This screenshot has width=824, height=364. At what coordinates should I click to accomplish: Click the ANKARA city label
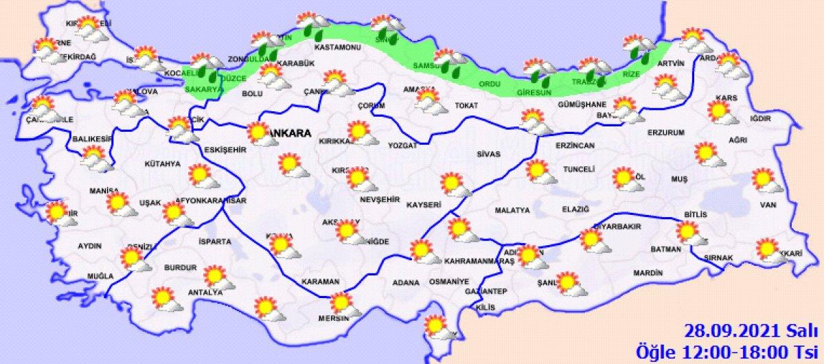point(291,133)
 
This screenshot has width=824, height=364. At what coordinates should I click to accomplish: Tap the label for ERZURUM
point(666,133)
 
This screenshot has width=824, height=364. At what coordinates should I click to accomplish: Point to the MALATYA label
point(512,209)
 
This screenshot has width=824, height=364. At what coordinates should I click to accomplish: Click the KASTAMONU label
point(337,48)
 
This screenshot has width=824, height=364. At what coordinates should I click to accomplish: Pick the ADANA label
point(405,282)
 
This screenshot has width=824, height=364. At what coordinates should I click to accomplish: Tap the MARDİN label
point(648,273)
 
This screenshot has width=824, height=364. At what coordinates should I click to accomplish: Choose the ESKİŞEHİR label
point(225,149)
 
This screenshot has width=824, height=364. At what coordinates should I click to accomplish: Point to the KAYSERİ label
point(423,205)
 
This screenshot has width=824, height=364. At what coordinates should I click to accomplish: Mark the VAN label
point(768,205)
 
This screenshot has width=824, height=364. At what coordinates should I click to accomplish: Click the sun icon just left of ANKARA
point(260,133)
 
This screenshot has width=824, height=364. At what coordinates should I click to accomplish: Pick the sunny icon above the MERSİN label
point(343,304)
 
